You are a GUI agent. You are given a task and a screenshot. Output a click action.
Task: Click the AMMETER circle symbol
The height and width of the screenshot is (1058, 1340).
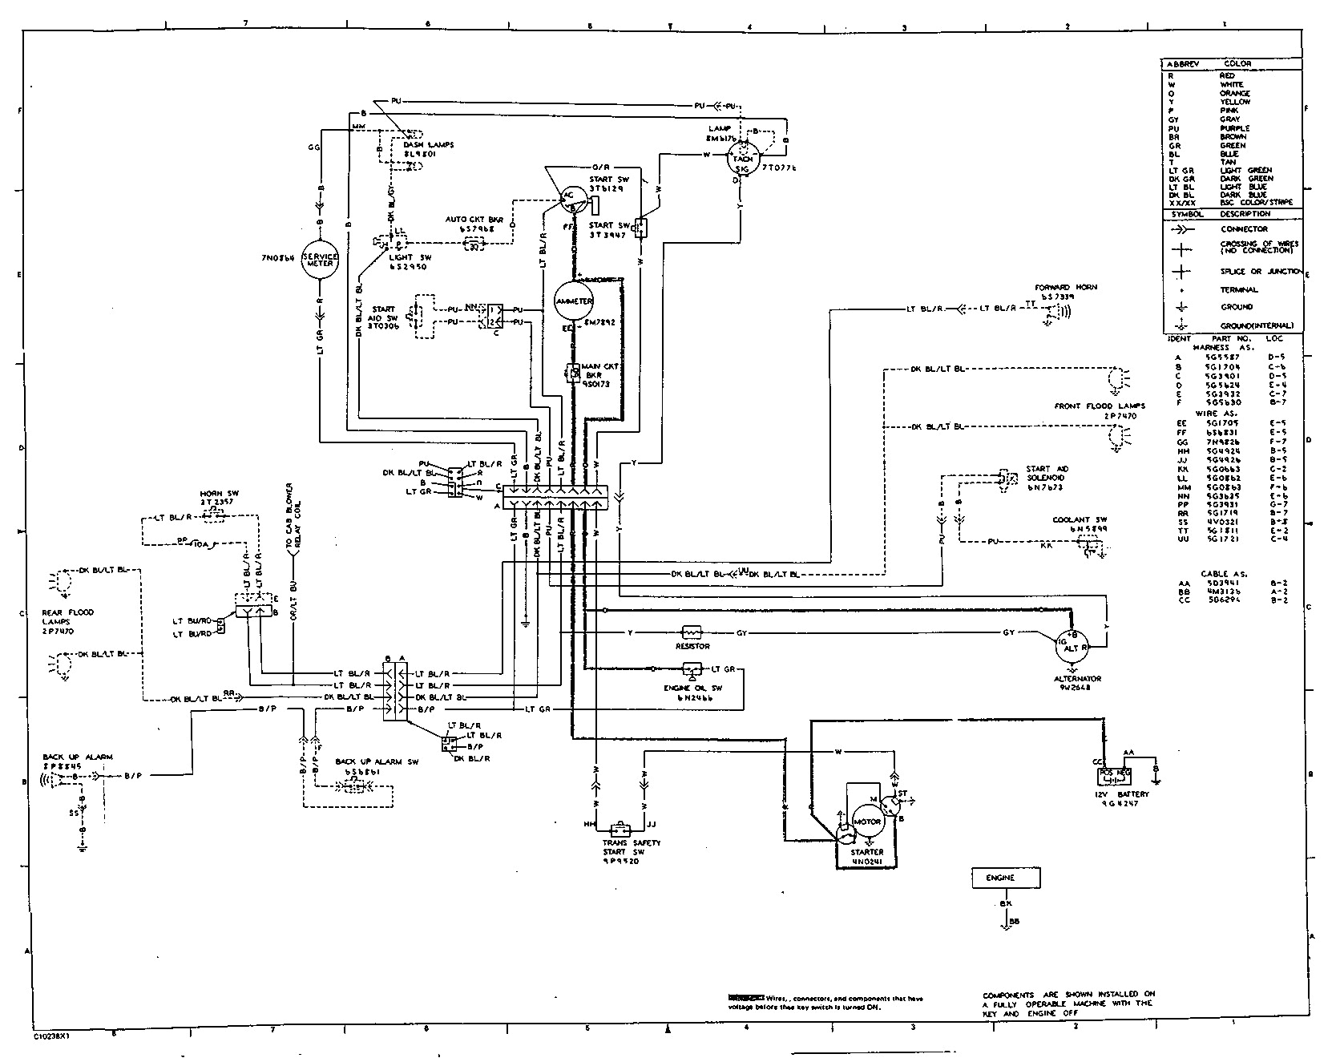pos(574,301)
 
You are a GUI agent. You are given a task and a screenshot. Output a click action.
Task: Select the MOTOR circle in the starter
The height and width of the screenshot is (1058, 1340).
pos(867,822)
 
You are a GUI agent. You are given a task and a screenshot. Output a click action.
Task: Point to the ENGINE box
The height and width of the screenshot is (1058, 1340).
pos(1007,878)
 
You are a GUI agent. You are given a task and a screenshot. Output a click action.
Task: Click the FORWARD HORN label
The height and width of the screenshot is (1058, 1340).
pos(1065,287)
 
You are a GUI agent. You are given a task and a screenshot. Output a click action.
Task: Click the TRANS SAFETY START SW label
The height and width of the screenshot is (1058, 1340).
pos(632,843)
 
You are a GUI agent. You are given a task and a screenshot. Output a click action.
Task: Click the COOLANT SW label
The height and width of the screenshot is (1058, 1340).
pos(1074,519)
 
